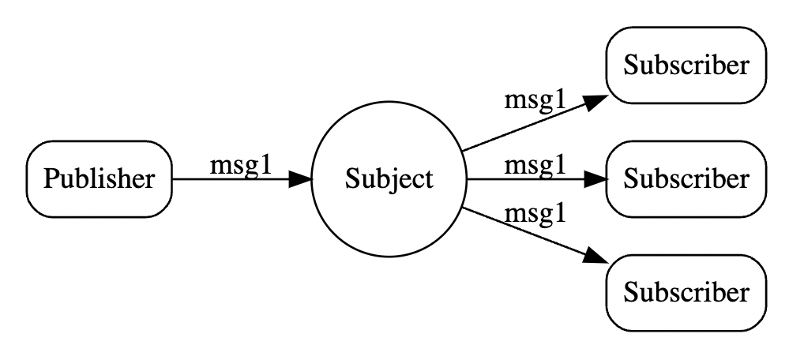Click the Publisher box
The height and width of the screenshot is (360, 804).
[x=99, y=179]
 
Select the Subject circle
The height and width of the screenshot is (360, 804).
[x=389, y=179]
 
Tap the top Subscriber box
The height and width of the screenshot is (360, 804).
[x=686, y=66]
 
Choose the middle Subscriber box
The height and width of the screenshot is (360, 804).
[x=686, y=179]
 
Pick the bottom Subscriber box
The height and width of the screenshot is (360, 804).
[x=686, y=293]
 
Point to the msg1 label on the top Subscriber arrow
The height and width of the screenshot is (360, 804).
[x=535, y=101]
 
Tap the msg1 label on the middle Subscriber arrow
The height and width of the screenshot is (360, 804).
[x=535, y=165]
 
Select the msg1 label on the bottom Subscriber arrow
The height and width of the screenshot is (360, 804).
[x=535, y=213]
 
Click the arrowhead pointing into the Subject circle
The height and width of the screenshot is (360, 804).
[x=300, y=179]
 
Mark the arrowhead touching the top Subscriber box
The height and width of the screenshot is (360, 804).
[x=595, y=103]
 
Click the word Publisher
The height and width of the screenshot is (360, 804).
[x=99, y=179]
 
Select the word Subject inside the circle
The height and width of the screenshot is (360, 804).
[x=389, y=179]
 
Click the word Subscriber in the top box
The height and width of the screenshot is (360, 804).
[x=686, y=66]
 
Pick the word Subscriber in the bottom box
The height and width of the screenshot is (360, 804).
[x=686, y=293]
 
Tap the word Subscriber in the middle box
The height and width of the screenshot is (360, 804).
[x=686, y=179]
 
